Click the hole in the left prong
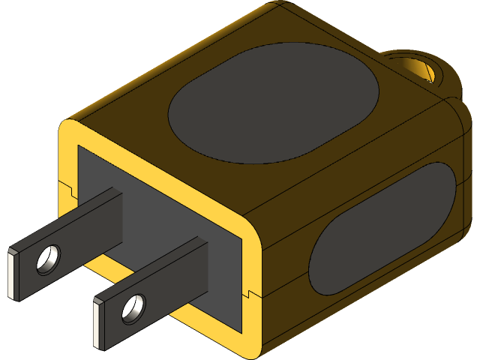50,258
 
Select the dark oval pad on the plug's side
382,229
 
